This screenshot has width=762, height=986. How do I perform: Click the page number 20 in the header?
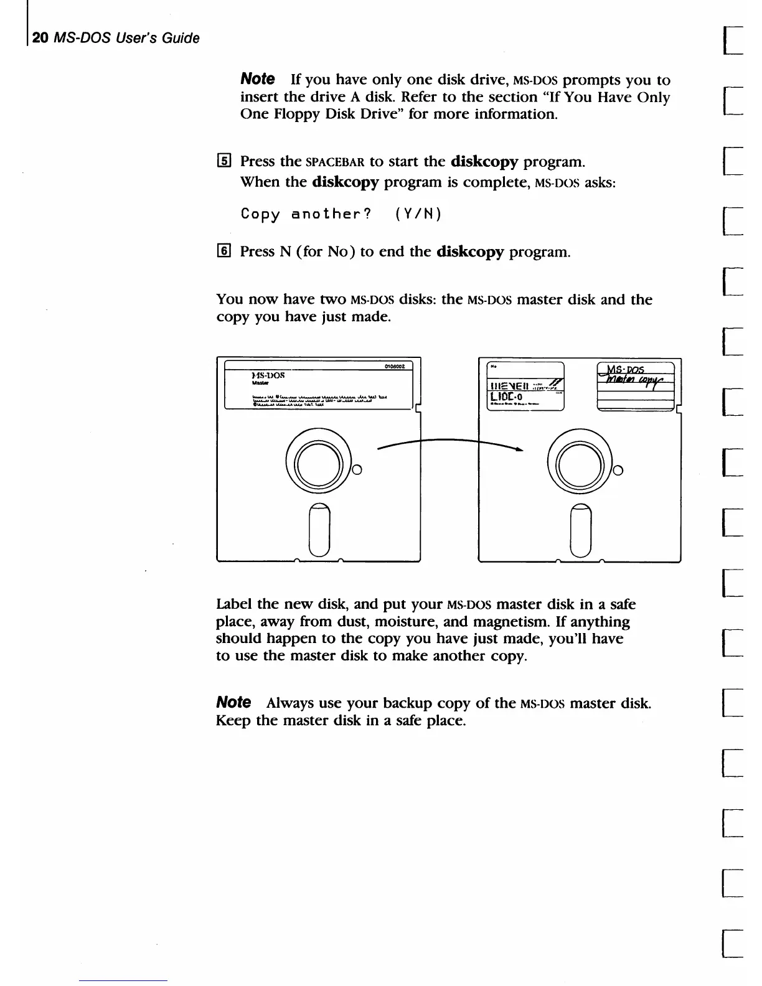(x=40, y=38)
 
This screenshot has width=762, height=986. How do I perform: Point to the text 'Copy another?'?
(x=306, y=214)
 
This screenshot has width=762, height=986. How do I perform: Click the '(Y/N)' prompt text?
(x=418, y=214)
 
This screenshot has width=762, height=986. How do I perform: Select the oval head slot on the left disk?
(x=319, y=529)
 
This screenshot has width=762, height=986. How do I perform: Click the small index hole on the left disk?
(x=357, y=471)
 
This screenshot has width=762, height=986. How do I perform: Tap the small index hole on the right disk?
(x=618, y=471)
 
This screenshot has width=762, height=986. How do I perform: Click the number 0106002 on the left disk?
(x=395, y=367)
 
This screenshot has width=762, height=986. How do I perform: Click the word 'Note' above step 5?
(x=257, y=79)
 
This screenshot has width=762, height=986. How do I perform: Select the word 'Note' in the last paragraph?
(x=233, y=703)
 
